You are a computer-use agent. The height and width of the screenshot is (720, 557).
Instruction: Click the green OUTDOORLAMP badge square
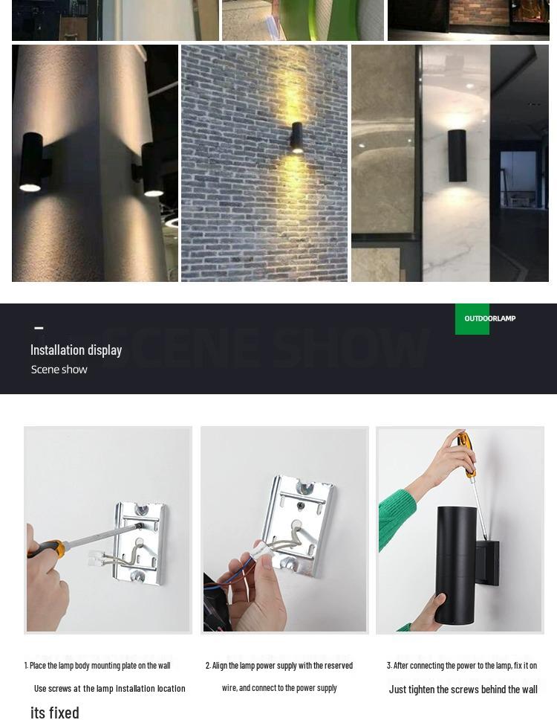[x=472, y=318]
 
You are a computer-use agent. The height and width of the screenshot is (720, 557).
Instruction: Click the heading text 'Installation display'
[x=76, y=350]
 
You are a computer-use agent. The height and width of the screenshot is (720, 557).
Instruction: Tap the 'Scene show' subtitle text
[x=59, y=370]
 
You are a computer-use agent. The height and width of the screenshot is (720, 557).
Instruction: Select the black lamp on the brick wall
[x=296, y=137]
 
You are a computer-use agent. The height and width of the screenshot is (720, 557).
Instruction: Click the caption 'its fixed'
[x=55, y=712]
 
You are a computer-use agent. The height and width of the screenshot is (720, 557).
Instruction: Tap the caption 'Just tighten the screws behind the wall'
[x=463, y=690]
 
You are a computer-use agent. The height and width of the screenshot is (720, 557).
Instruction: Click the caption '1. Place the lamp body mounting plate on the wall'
[x=97, y=666]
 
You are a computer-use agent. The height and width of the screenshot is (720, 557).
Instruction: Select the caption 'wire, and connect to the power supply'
[x=279, y=688]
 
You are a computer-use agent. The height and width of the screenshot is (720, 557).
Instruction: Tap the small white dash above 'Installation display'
[x=39, y=328]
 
